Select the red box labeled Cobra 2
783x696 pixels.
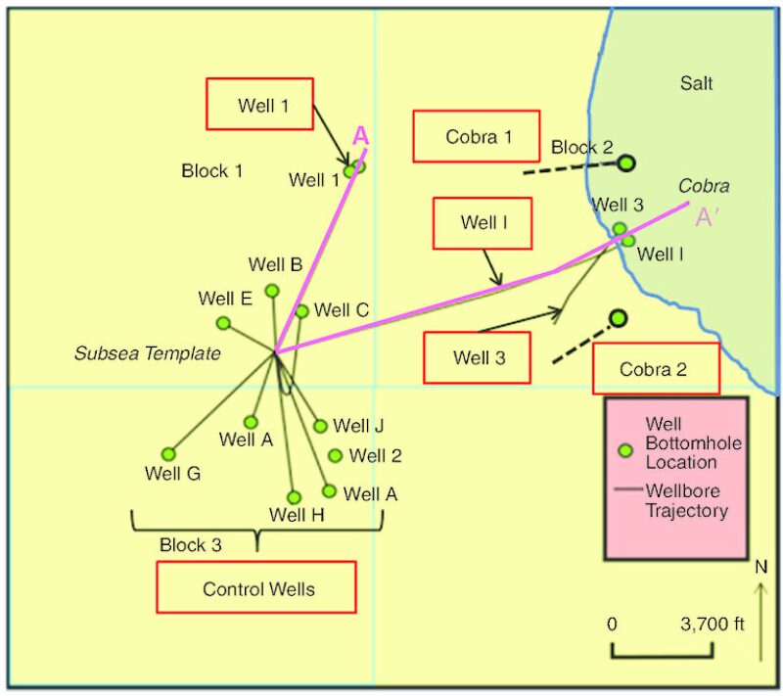(656, 369)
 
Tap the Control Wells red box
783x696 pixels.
(255, 587)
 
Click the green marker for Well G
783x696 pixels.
(168, 454)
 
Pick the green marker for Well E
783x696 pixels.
(223, 323)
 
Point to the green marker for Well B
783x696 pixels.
(272, 291)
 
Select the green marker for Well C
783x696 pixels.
(301, 311)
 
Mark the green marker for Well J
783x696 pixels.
(320, 426)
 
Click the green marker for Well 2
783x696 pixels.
(336, 455)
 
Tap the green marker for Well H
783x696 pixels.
(294, 497)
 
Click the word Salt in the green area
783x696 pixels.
(696, 83)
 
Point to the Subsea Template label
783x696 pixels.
(148, 353)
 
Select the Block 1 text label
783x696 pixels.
(211, 171)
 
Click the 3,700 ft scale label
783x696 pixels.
(713, 624)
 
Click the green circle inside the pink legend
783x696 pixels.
(625, 451)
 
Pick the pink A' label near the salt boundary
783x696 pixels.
(707, 217)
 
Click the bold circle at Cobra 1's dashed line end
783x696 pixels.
(626, 163)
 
